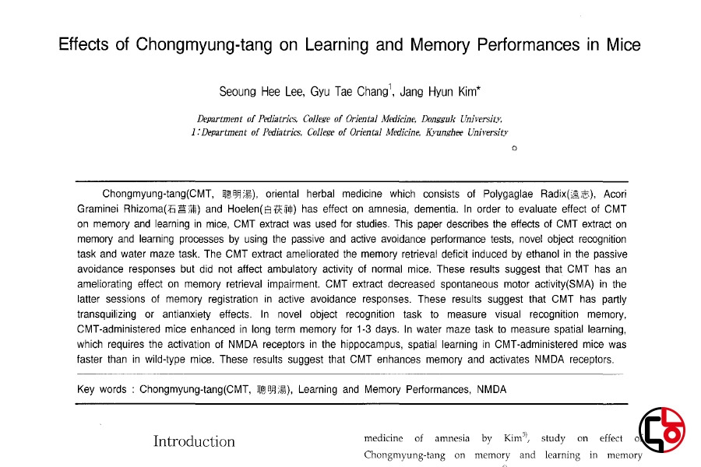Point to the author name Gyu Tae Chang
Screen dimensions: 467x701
pos(348,92)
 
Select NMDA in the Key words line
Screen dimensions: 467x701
pos(491,390)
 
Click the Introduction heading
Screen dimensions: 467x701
pos(194,442)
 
